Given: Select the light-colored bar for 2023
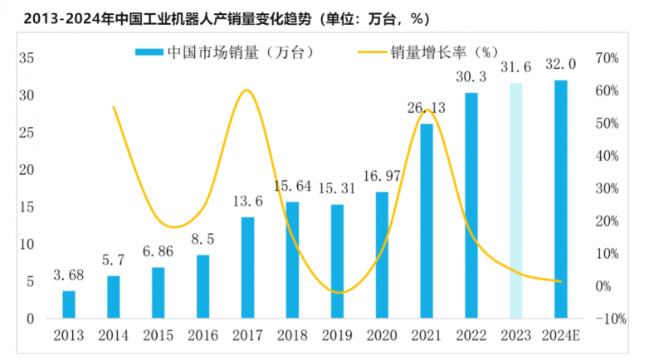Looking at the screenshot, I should (516, 201).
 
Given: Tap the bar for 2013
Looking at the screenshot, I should (69, 304).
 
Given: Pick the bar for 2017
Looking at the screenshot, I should (247, 268).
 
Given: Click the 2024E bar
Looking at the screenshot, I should (561, 199).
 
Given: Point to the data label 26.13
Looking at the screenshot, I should (427, 108).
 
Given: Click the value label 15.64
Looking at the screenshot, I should (292, 186).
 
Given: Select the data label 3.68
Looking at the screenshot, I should (69, 275).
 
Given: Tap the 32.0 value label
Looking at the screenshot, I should (561, 64).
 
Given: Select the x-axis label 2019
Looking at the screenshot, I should (337, 336).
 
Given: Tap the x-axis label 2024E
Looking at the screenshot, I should (561, 336).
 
